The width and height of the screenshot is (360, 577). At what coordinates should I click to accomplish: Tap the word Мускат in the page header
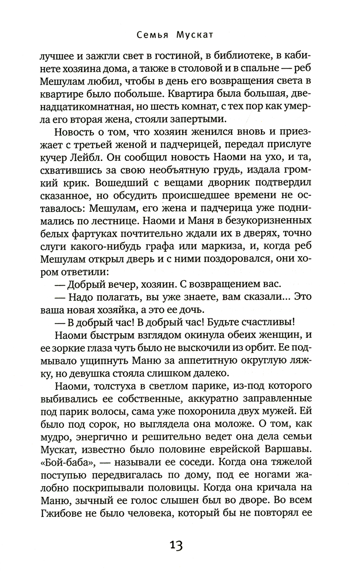195,35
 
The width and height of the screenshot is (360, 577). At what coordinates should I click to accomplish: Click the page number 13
176,546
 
